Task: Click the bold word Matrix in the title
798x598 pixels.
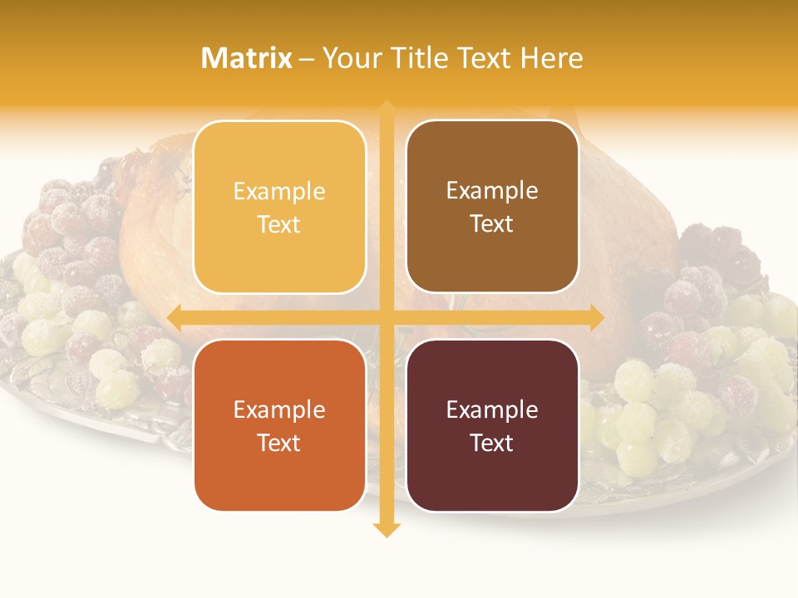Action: point(247,58)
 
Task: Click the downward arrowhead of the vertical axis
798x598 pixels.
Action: point(387,529)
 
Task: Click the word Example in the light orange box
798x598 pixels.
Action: point(279,192)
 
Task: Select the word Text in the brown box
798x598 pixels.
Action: point(492,224)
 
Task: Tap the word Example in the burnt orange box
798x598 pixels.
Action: point(279,409)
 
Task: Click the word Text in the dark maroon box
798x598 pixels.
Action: point(492,443)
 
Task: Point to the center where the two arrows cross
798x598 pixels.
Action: point(387,317)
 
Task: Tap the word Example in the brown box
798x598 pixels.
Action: point(492,191)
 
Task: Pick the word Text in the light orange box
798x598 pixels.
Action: point(279,225)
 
